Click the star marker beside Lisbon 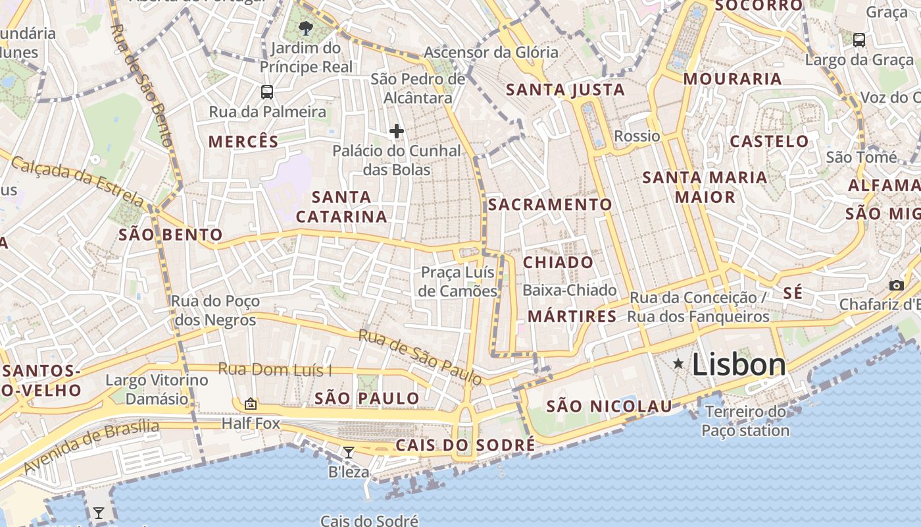point(678,364)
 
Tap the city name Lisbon point(739,364)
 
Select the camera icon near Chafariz point(896,285)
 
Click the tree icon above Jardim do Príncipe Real point(305,28)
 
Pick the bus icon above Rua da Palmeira point(266,92)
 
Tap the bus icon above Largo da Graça point(859,40)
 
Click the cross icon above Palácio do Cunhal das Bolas point(396,131)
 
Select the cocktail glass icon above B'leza point(349,453)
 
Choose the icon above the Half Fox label point(250,404)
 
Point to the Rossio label point(637,136)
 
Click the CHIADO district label point(558,262)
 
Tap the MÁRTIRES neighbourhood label point(572,316)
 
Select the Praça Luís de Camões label point(459,282)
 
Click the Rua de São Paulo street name point(420,356)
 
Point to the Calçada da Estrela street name point(77,180)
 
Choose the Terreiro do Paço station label point(745,422)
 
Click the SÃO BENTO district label point(170,235)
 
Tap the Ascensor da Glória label point(491,53)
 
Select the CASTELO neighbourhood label point(769,141)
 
